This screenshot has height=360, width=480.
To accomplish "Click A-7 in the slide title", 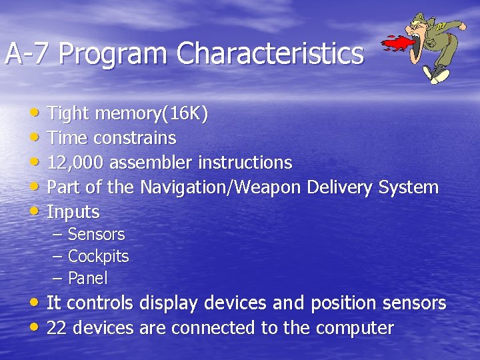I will (28, 54).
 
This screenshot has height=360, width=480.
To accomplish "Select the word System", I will (408, 187).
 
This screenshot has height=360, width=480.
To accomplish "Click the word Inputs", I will (73, 213).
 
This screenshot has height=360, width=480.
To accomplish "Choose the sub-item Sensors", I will (96, 235).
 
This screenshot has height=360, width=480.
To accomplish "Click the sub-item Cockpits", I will (98, 257).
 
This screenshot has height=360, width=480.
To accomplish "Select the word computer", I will (355, 328).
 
